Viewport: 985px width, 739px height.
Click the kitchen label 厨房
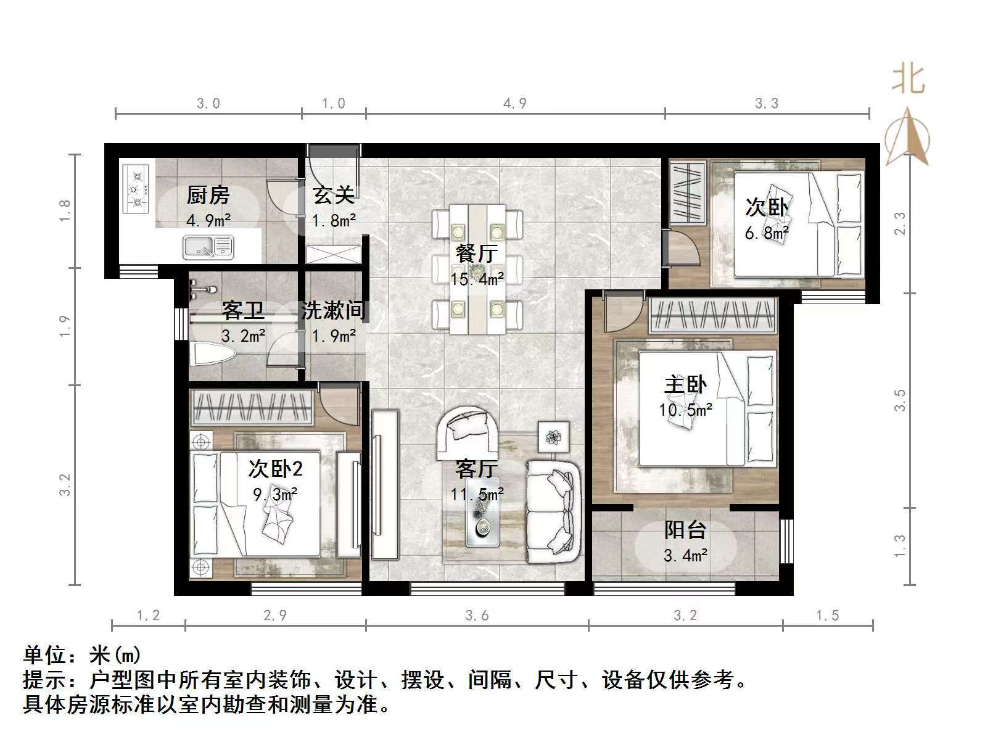208,196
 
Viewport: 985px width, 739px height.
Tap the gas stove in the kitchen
136,188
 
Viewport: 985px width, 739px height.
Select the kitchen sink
208,247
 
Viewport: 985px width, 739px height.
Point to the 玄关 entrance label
334,196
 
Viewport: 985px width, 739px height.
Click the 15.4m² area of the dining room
476,279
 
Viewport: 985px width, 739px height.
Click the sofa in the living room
553,511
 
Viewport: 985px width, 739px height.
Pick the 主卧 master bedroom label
685,385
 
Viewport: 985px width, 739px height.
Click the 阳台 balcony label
685,530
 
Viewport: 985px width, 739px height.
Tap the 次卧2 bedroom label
275,469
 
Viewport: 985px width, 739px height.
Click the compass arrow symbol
907,137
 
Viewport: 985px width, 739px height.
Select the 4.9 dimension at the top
515,103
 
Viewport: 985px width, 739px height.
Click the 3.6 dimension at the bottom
477,615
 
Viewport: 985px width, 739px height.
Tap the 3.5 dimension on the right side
901,400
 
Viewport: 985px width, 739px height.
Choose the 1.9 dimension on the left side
65,326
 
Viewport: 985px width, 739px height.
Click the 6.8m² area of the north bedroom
767,233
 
